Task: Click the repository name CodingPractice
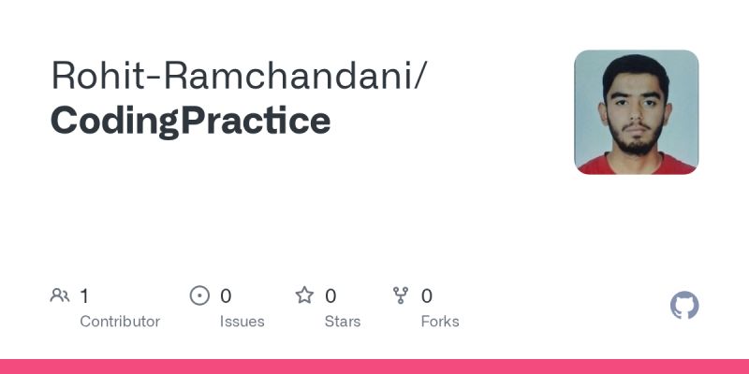point(190,121)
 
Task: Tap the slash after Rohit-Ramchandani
point(422,75)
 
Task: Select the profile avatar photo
point(636,112)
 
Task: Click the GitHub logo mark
point(684,306)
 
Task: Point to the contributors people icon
point(60,296)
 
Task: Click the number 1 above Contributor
point(84,296)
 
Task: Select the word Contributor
point(120,322)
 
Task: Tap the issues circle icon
point(199,296)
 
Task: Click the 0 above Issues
point(226,296)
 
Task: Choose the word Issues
point(242,322)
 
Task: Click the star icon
point(304,296)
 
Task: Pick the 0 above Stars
point(330,296)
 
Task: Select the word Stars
point(343,322)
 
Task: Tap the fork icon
point(402,296)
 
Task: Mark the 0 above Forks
point(427,296)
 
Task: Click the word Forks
point(440,322)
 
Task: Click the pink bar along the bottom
point(374,367)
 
